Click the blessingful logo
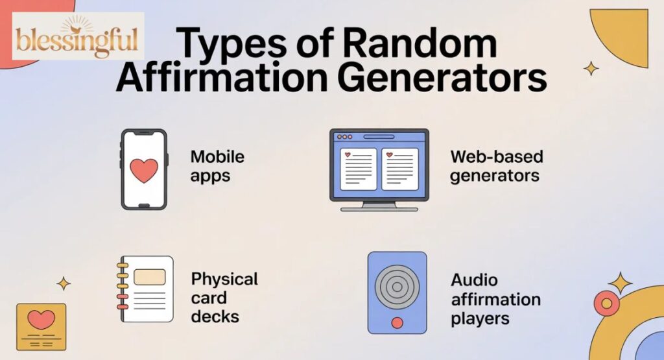78,37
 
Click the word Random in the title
421,45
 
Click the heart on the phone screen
143,170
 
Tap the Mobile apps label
217,165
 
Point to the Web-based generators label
497,165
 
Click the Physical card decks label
224,298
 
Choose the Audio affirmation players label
496,299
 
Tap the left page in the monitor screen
358,169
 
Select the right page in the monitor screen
399,169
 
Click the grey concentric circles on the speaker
397,284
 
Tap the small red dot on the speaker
397,322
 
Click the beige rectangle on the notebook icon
149,277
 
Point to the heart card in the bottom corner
41,327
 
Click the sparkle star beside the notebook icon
64,283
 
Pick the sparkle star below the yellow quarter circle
591,68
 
